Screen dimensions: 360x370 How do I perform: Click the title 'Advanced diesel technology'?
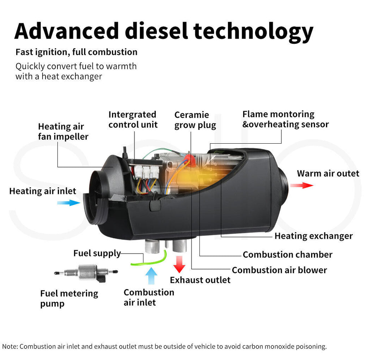[163, 31]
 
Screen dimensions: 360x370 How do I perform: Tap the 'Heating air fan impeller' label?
[63, 132]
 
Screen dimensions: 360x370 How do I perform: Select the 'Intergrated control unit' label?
[133, 120]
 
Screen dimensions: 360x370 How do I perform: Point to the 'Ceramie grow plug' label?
[195, 120]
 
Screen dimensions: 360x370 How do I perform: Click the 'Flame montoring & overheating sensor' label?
[285, 119]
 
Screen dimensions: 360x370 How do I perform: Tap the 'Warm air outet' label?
[328, 173]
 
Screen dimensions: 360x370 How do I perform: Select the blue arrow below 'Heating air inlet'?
[69, 203]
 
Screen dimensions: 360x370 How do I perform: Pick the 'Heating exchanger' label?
[314, 236]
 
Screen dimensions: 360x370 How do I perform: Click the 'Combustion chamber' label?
[288, 254]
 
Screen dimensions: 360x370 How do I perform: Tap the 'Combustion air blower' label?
[279, 270]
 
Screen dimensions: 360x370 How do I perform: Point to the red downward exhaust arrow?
[179, 264]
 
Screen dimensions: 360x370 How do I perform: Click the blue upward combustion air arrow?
[151, 276]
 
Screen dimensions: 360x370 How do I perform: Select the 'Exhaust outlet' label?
[200, 280]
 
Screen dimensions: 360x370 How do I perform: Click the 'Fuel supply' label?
[97, 253]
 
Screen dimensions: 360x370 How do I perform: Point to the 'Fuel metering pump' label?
[69, 298]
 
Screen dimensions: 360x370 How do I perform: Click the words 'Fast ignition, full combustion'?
[76, 52]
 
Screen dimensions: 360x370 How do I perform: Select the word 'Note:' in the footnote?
[10, 346]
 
